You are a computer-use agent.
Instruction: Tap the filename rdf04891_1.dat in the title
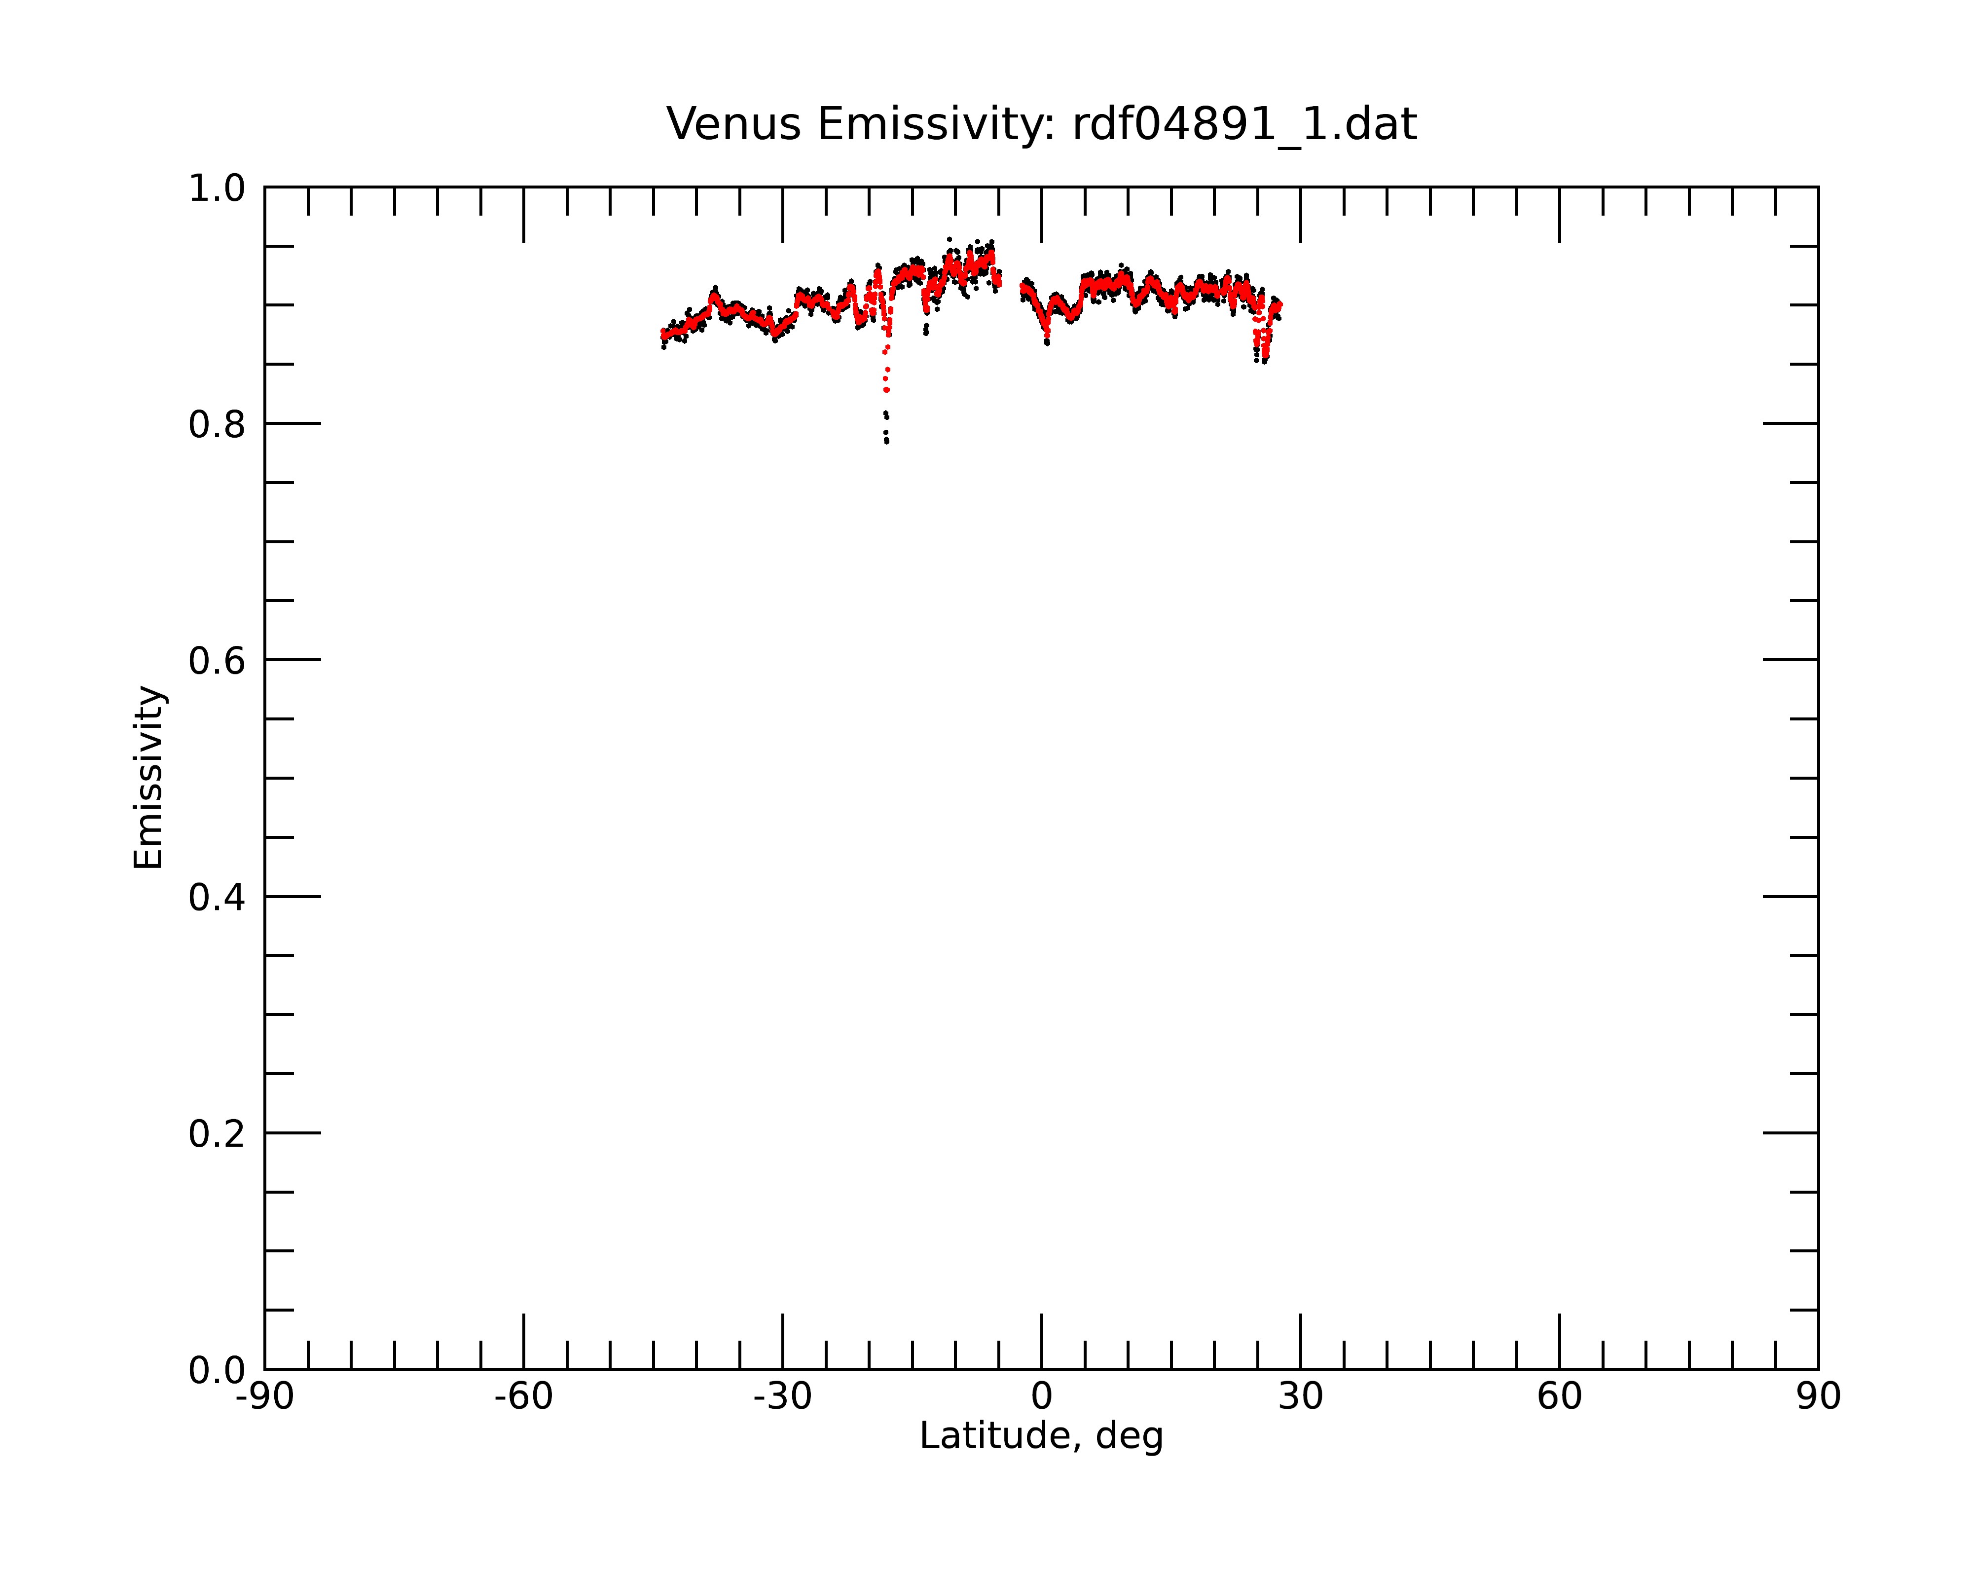[1244, 124]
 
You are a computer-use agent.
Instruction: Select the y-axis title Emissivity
[148, 777]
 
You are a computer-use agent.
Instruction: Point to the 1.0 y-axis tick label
[217, 188]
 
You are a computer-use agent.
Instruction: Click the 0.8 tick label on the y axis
[217, 425]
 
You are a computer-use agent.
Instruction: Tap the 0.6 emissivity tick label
[217, 661]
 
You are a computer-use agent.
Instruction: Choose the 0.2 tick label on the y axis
[217, 1134]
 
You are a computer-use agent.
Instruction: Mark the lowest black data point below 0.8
[887, 442]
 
